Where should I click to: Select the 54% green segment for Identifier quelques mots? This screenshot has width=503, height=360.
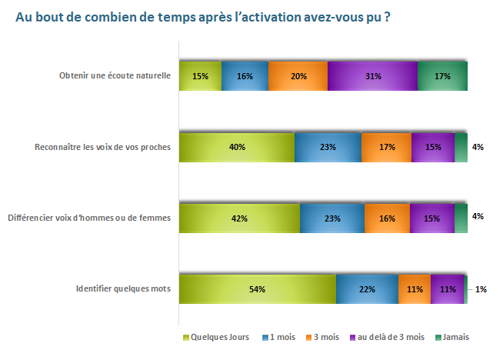coord(258,288)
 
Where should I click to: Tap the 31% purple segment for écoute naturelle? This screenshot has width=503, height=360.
coord(372,76)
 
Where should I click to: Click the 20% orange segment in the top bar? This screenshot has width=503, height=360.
coord(298,76)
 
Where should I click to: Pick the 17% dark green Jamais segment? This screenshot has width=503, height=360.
coord(442,76)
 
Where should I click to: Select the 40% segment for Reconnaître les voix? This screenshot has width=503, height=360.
coord(237,147)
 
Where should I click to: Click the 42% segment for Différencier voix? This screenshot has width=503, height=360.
coord(239,218)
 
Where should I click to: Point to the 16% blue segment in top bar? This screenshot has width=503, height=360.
coord(245,76)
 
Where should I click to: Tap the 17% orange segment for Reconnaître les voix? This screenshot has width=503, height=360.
coord(386,147)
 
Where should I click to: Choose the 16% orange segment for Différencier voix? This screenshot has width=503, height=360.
coord(387,218)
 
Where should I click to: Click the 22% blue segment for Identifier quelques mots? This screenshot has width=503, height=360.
coord(367,288)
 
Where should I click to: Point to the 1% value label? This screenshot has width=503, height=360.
coord(480,288)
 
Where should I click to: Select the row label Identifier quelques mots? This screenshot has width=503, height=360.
coord(122,288)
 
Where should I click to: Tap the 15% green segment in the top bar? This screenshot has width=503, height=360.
coord(200,76)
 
